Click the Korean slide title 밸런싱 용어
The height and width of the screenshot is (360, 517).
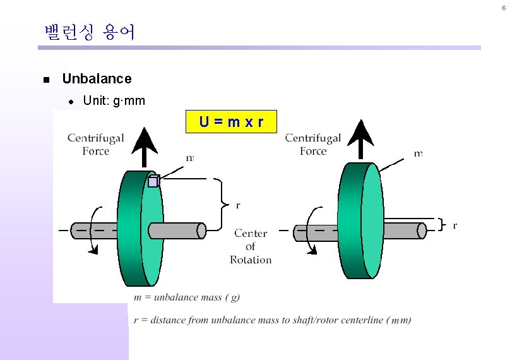point(90,32)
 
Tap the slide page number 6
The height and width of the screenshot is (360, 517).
point(503,8)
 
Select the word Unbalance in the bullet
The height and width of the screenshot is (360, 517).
point(97,79)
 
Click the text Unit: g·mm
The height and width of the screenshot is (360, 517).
point(114,100)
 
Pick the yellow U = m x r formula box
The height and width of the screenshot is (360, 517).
point(231,121)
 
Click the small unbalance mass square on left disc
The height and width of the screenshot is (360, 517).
point(153,182)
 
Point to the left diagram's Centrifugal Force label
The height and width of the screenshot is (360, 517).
point(95,144)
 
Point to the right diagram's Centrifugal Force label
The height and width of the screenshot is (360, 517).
point(312,144)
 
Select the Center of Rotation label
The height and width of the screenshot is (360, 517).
point(251,246)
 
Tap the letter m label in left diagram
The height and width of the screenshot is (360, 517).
point(190,158)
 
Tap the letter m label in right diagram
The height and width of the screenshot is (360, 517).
point(418,153)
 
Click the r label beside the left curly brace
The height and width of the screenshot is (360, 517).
point(237,205)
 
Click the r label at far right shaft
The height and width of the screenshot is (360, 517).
point(455,225)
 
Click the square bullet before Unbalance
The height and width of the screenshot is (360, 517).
point(45,80)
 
